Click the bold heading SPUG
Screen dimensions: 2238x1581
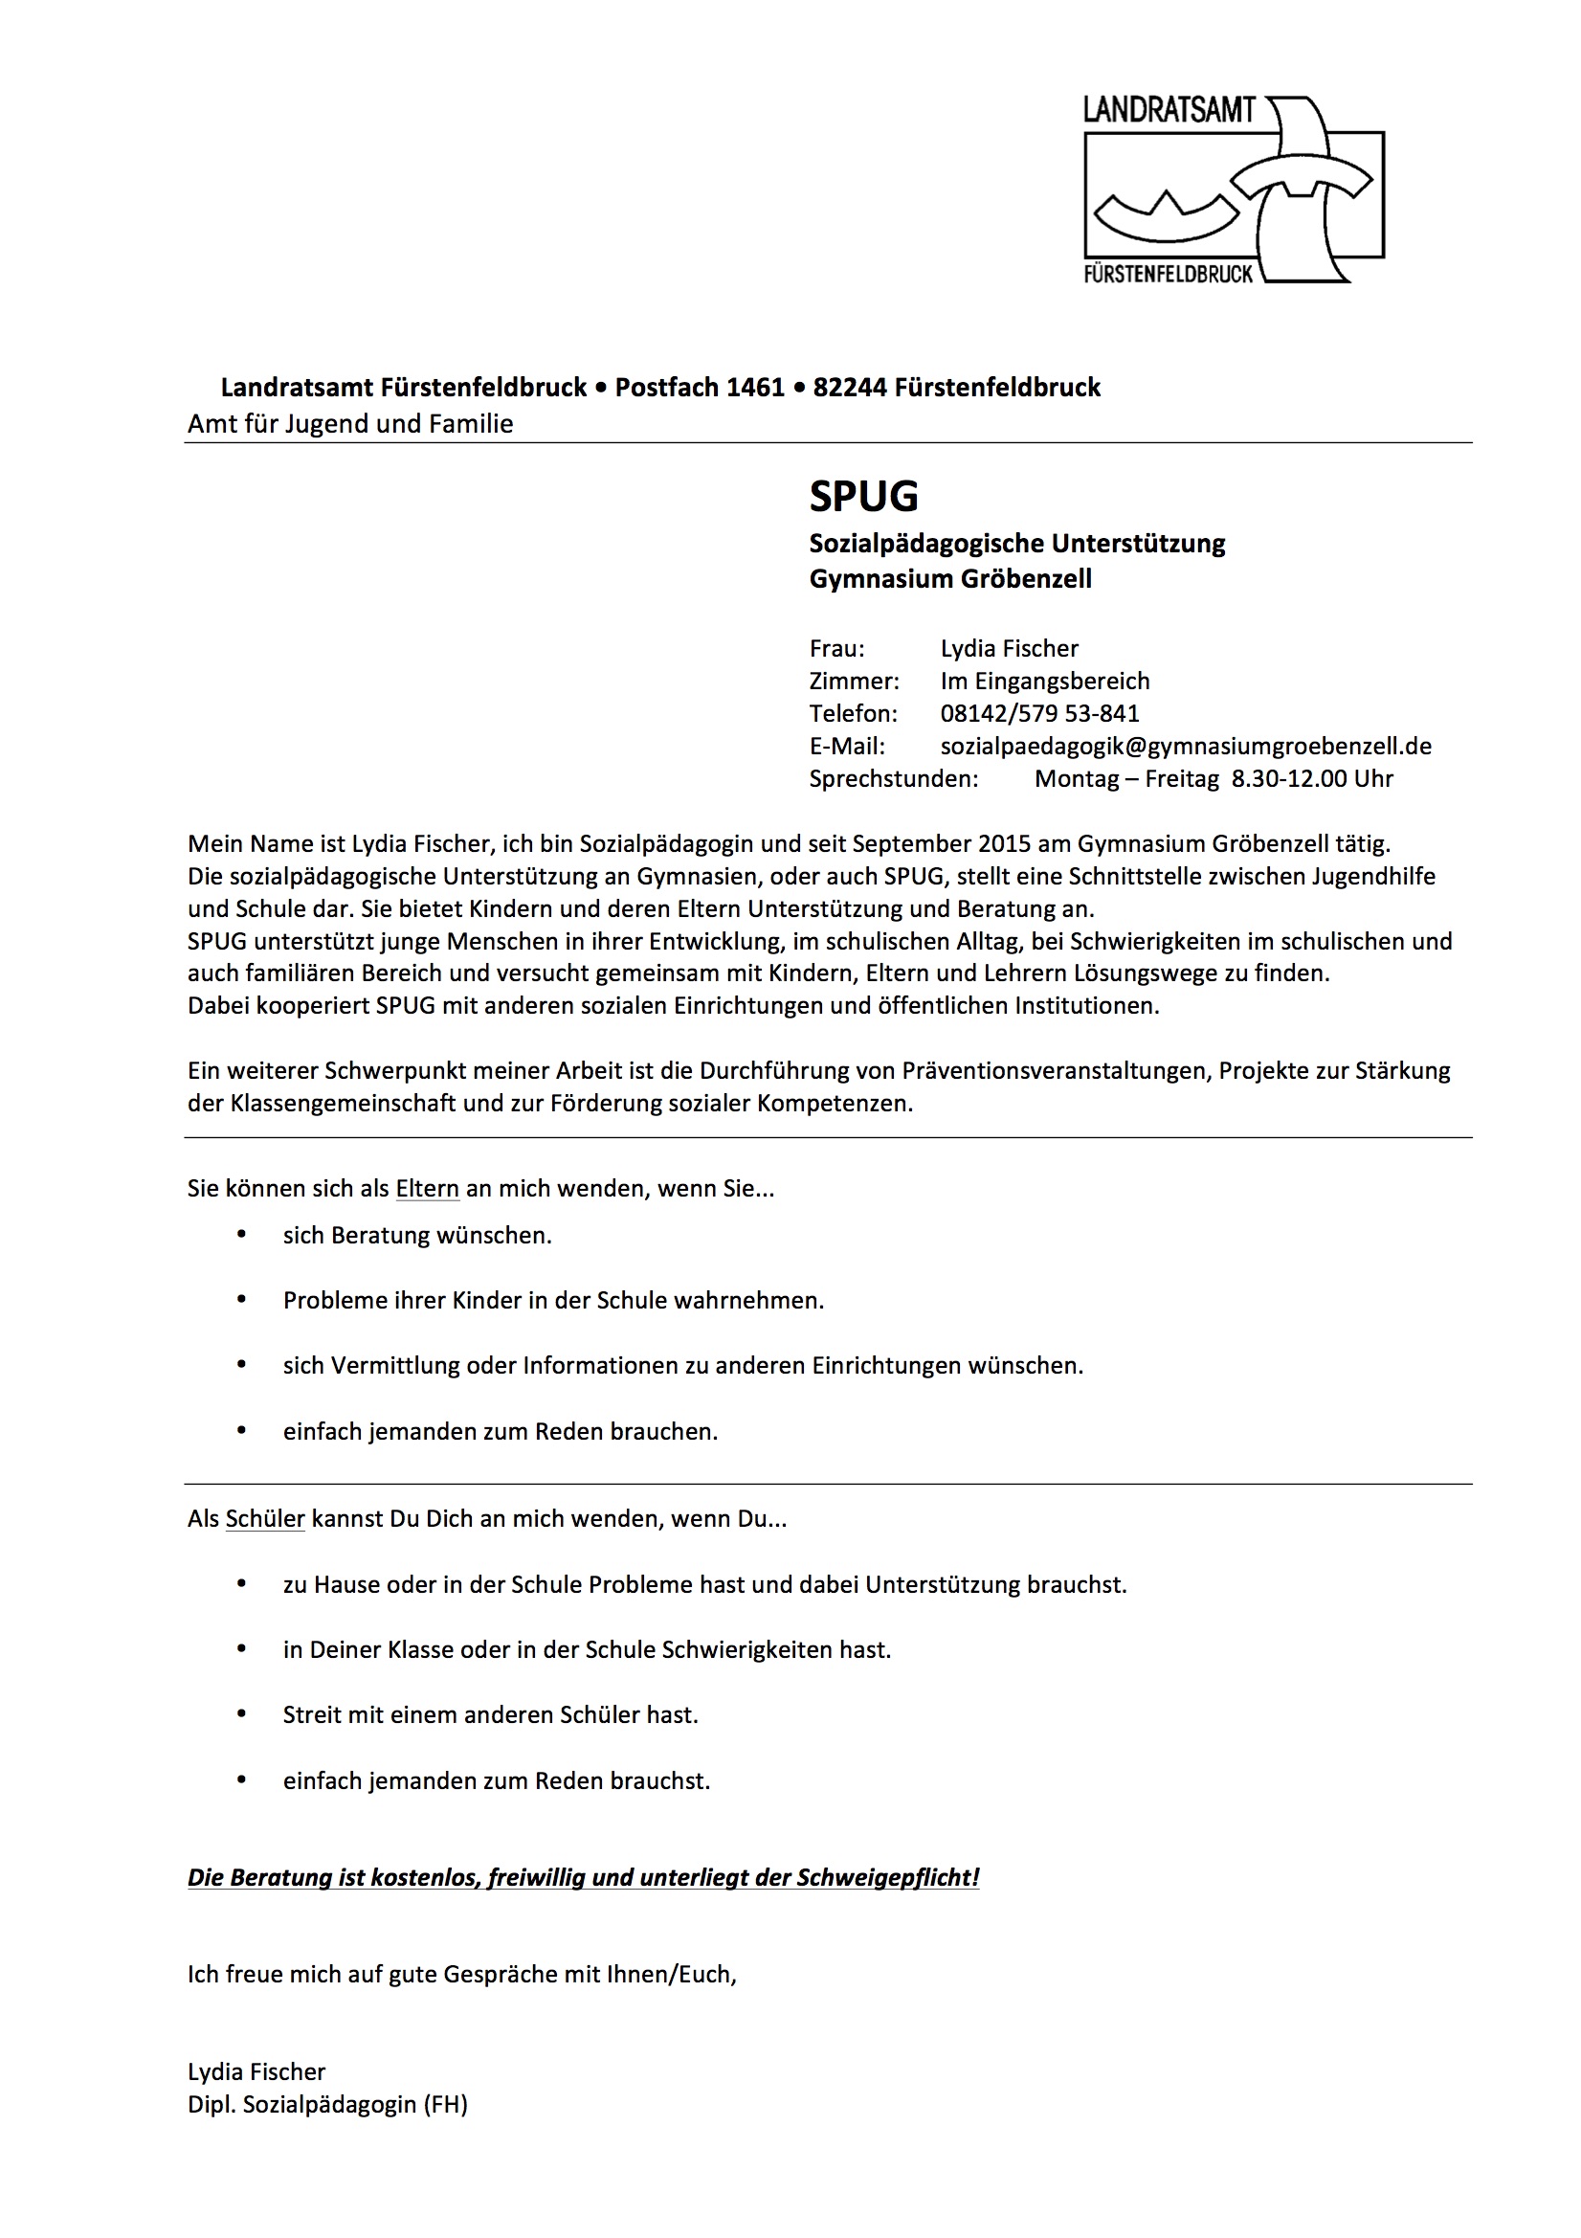863,496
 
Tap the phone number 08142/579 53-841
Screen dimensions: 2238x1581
1039,713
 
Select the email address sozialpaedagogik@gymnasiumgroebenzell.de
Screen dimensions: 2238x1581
1185,746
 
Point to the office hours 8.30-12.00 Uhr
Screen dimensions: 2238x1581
1312,779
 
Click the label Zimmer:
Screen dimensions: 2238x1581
854,682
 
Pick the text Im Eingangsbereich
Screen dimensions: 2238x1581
1045,682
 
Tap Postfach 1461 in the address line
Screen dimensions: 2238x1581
699,388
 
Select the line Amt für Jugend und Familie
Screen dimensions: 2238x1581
350,424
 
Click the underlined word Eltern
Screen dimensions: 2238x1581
427,1189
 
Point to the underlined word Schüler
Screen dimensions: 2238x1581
265,1518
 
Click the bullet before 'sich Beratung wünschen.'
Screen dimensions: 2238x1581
242,1235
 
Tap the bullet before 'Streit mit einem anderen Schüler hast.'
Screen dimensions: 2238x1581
242,1714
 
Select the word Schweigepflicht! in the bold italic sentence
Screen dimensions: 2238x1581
887,1878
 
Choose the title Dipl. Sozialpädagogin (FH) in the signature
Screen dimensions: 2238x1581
327,2104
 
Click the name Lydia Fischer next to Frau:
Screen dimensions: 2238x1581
1009,649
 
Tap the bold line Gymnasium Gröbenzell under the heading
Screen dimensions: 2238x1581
950,579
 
